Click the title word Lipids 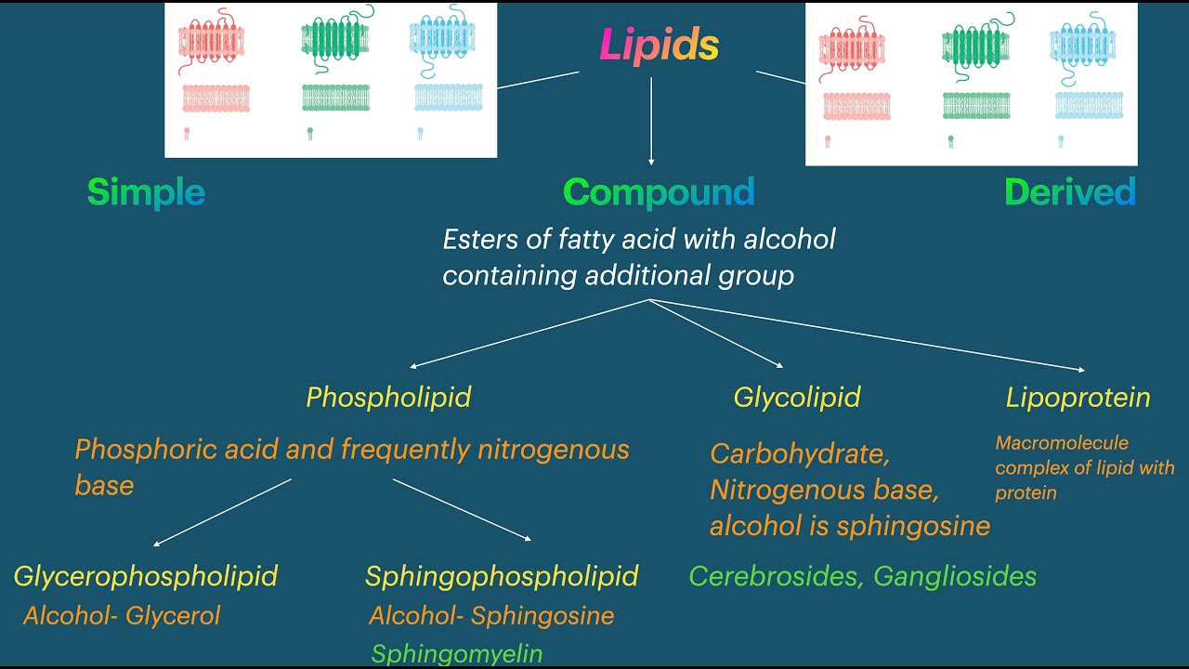[659, 45]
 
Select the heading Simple [146, 192]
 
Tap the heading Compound [659, 192]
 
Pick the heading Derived [1069, 192]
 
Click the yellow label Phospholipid [388, 398]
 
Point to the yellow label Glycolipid [796, 398]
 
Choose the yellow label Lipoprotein [1078, 398]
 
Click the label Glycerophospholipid [145, 576]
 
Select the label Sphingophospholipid [502, 576]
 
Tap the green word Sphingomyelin [456, 653]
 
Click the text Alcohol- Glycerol [122, 615]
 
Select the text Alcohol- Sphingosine [491, 615]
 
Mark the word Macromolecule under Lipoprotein [1062, 443]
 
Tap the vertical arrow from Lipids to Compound [651, 121]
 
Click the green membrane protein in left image [336, 40]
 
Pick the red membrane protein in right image [851, 49]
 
